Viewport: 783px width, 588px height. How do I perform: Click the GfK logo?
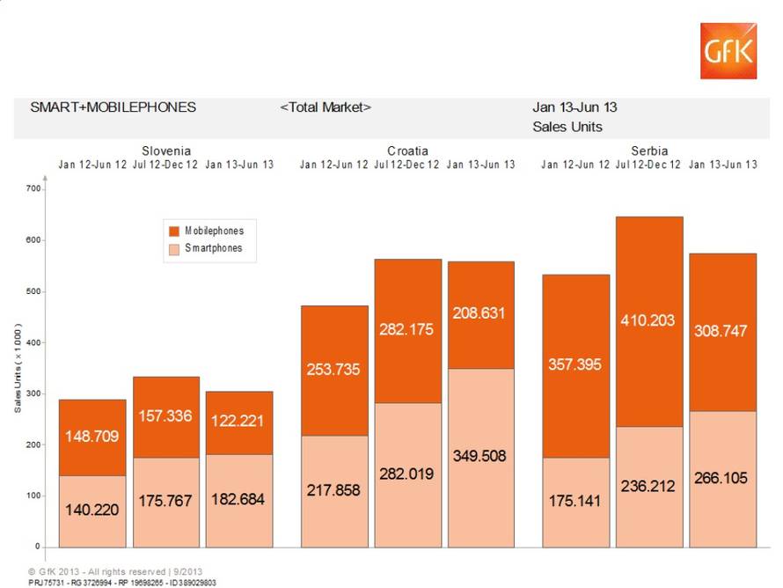click(x=728, y=50)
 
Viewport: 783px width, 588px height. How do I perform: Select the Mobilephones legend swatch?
click(x=174, y=231)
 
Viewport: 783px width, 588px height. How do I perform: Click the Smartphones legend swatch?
click(x=174, y=248)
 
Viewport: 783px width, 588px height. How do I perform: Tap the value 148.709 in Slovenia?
click(x=92, y=436)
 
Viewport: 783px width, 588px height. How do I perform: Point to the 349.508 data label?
click(x=480, y=456)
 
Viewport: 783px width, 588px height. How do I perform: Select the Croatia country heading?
click(x=407, y=151)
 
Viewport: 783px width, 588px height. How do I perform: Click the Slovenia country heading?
click(x=166, y=151)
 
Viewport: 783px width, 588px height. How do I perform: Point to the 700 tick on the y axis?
click(x=33, y=189)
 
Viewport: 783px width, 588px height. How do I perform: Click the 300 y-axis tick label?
click(x=33, y=393)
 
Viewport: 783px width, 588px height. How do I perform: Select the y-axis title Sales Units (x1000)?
click(x=18, y=369)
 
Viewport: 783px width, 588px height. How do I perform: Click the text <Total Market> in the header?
click(x=326, y=107)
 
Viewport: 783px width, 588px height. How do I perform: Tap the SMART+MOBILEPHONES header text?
click(x=113, y=107)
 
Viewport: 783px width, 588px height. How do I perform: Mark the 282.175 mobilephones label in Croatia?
click(x=406, y=329)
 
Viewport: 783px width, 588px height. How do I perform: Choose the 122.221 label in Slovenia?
click(x=239, y=422)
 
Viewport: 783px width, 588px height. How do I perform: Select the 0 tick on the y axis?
click(x=38, y=547)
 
